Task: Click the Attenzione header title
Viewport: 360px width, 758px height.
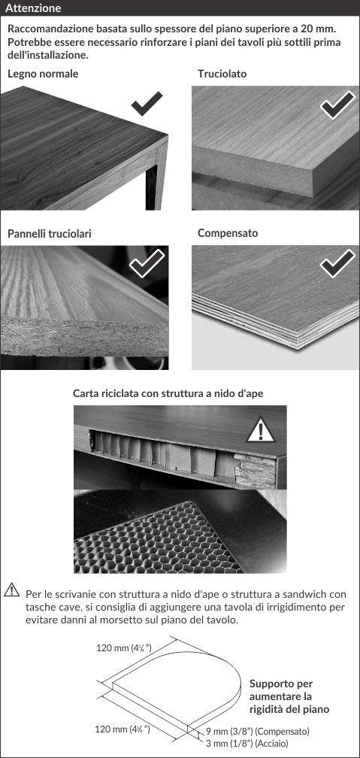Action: point(33,8)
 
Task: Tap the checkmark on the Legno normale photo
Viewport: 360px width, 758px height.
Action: point(147,104)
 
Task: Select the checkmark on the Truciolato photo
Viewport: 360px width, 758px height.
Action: point(337,105)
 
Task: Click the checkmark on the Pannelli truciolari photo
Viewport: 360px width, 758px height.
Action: point(147,263)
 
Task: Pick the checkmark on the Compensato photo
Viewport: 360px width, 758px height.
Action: point(337,263)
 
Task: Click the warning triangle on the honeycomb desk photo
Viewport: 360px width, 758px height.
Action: point(261,430)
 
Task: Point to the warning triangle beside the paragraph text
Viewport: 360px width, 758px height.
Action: point(11,590)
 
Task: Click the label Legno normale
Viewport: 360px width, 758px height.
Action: point(43,74)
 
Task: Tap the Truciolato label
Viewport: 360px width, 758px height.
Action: point(222,74)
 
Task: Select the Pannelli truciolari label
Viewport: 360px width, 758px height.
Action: point(50,233)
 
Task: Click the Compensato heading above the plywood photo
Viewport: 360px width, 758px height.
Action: point(228,233)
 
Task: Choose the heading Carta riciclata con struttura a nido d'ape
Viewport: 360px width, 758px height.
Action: point(168,393)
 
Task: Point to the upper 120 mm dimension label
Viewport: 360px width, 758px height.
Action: point(120,648)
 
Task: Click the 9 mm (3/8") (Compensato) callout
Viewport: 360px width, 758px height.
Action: point(258,731)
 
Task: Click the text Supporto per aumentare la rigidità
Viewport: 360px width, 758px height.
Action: point(289,696)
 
